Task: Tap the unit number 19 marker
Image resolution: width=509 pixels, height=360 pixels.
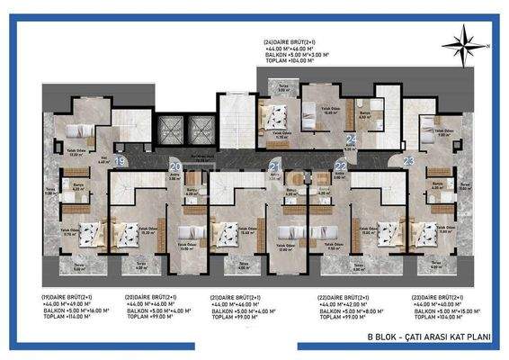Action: pos(120,162)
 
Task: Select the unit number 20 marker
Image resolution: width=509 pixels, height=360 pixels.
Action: pos(175,166)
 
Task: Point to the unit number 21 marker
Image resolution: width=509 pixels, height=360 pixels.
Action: pos(275,166)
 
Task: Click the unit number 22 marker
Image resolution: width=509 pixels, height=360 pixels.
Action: pos(340,166)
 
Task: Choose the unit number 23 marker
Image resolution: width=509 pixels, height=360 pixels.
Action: pos(408,161)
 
